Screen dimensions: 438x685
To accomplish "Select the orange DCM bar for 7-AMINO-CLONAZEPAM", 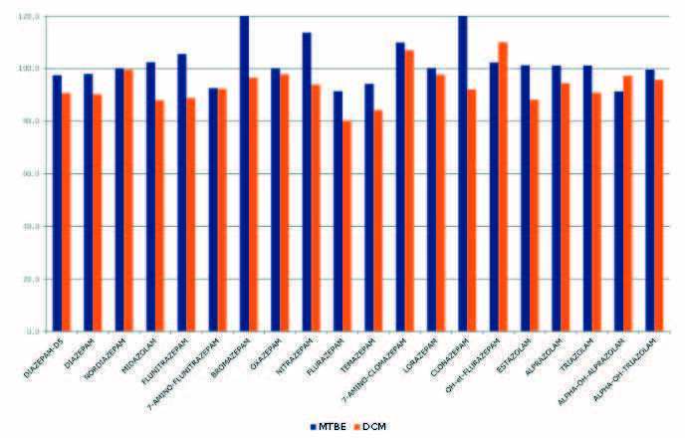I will [409, 190].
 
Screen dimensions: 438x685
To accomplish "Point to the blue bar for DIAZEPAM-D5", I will [57, 203].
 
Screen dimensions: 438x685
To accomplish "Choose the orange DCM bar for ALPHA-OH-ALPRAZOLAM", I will [627, 203].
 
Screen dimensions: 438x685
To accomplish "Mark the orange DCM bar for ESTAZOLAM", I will [534, 215].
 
